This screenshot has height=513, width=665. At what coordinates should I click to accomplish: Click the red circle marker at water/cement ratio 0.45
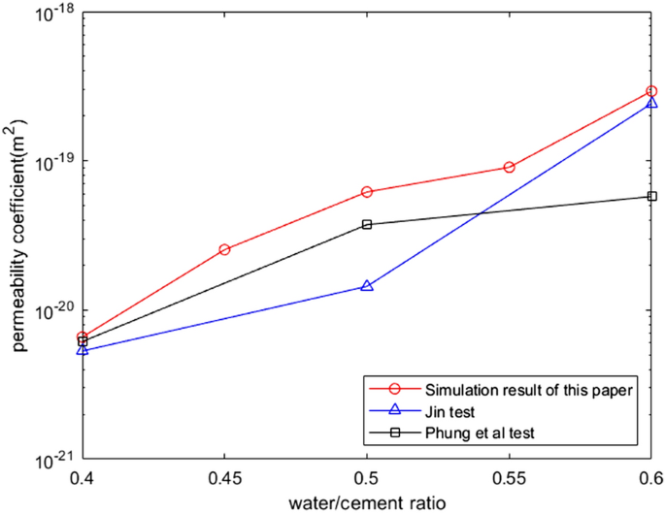click(x=224, y=249)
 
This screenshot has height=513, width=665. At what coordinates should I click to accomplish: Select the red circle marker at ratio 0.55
click(x=509, y=167)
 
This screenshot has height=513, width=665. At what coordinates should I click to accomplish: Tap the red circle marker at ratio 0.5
click(x=367, y=192)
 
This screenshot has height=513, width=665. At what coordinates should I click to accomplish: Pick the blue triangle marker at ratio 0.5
click(x=367, y=286)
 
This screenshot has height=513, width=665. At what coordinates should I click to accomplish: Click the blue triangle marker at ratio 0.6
click(x=651, y=102)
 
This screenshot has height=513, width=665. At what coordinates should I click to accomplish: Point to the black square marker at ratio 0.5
click(x=367, y=224)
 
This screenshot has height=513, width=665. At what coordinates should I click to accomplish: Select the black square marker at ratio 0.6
click(x=651, y=197)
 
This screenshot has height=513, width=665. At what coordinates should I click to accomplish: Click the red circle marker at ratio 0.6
click(x=651, y=91)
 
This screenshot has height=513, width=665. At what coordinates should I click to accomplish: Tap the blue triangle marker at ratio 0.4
click(x=83, y=349)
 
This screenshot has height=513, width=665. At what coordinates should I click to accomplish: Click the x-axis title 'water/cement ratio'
click(x=366, y=501)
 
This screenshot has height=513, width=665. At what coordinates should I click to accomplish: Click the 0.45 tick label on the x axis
click(x=224, y=478)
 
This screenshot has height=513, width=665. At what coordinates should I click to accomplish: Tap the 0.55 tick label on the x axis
click(x=509, y=478)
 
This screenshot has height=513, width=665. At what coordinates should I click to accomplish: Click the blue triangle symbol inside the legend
click(x=394, y=411)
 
